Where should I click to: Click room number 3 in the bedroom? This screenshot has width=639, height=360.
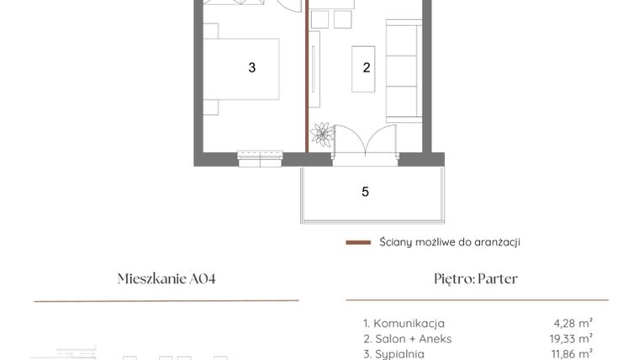[x=251, y=68]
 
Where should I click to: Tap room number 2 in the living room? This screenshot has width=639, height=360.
[x=367, y=68]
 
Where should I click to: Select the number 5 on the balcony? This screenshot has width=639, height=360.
[x=365, y=192]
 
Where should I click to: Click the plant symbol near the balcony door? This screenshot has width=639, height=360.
[x=321, y=135]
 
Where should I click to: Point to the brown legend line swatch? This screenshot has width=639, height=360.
[x=358, y=242]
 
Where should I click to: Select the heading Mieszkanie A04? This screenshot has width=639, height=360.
[x=166, y=279]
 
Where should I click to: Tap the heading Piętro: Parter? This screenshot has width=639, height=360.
[x=476, y=279]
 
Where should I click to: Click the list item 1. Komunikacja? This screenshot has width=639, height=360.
[x=404, y=323]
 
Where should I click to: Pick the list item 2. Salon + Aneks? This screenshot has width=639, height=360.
[x=407, y=338]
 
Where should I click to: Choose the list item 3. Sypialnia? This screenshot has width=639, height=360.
[x=394, y=353]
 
